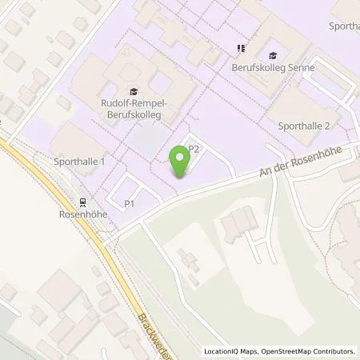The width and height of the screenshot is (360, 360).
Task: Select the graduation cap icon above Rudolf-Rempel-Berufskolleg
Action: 133,90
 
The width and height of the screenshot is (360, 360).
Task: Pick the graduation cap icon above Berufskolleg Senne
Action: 274,54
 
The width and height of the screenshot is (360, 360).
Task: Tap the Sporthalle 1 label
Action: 81,162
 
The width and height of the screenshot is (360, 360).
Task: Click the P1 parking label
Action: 129,204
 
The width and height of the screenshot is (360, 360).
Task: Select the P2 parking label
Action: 193,149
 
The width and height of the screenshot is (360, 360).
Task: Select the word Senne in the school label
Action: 300,68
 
